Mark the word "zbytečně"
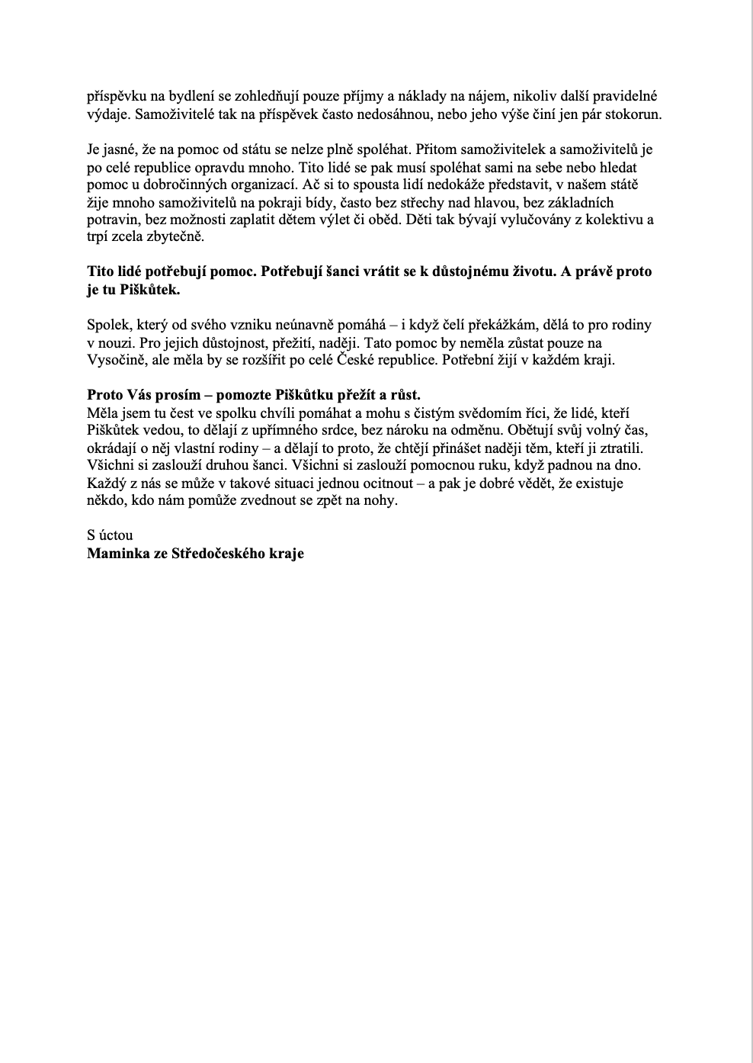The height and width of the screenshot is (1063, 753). click(178, 237)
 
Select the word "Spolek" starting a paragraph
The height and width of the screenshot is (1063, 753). click(107, 325)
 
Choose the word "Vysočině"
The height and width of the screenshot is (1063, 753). click(115, 360)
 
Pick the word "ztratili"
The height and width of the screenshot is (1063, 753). click(623, 448)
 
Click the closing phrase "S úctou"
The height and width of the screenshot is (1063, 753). click(111, 535)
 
